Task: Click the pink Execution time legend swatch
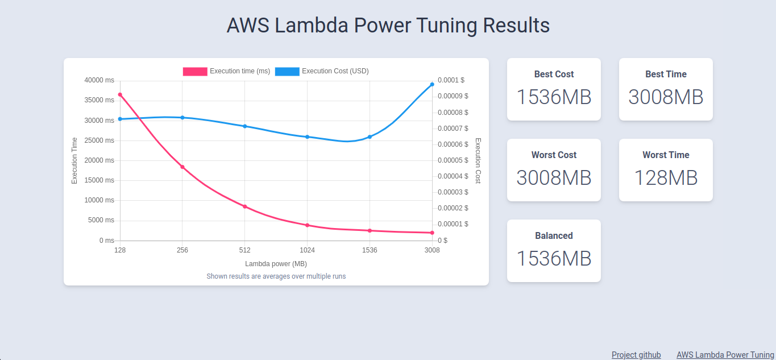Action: pyautogui.click(x=195, y=71)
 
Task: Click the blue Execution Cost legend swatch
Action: pyautogui.click(x=287, y=71)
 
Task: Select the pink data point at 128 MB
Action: pyautogui.click(x=120, y=94)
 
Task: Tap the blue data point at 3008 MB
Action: pyautogui.click(x=432, y=84)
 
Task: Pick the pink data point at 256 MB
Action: pyautogui.click(x=182, y=167)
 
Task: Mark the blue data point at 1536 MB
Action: pyautogui.click(x=370, y=136)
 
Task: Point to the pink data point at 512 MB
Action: pyautogui.click(x=245, y=206)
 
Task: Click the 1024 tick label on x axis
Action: pyautogui.click(x=307, y=250)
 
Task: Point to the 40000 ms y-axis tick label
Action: pyautogui.click(x=99, y=80)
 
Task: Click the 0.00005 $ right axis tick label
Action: pyautogui.click(x=453, y=160)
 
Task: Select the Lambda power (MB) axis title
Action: pyautogui.click(x=276, y=264)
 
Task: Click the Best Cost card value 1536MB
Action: pyautogui.click(x=554, y=97)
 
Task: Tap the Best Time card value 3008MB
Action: pyautogui.click(x=666, y=97)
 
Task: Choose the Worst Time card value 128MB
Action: pyautogui.click(x=666, y=178)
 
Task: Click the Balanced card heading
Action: pyautogui.click(x=554, y=235)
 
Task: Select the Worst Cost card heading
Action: pyautogui.click(x=554, y=155)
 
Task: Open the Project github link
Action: pyautogui.click(x=636, y=355)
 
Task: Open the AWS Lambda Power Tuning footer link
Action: pyautogui.click(x=725, y=355)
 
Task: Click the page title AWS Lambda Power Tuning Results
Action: pyautogui.click(x=388, y=26)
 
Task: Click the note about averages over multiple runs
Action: pyautogui.click(x=276, y=276)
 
